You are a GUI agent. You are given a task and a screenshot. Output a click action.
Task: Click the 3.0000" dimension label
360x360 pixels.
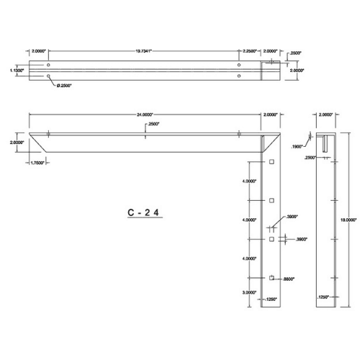pos(250,292)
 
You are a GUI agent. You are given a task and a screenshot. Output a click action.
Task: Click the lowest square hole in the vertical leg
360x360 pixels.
pos(271,277)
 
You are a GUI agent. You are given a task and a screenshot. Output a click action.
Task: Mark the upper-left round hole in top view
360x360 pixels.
pos(48,65)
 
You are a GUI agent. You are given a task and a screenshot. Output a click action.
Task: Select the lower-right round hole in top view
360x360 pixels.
pos(239,75)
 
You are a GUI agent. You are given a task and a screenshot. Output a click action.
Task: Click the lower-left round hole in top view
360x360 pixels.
pos(48,75)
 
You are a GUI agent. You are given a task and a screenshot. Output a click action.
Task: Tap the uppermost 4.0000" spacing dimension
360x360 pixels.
pos(250,181)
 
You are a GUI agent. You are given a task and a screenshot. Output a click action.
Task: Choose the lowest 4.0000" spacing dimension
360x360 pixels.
pos(250,258)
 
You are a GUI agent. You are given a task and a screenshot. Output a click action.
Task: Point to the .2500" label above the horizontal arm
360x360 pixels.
pos(153,125)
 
